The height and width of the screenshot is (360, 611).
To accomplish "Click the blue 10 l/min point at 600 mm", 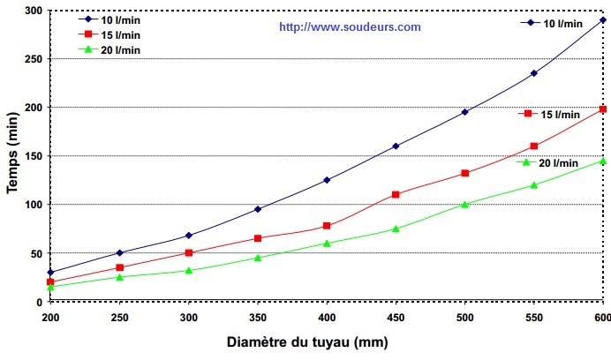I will click(x=603, y=19).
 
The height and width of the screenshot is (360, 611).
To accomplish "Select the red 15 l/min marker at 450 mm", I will click(x=396, y=194).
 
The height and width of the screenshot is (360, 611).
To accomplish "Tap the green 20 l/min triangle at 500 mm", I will click(x=464, y=204).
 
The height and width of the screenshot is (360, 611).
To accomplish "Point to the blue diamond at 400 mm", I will click(x=327, y=180).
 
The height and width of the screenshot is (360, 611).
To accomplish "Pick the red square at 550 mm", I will click(x=534, y=146).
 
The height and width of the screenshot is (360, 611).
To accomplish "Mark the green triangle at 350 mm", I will click(x=258, y=258).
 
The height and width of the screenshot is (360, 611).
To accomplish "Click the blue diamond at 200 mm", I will click(x=50, y=272).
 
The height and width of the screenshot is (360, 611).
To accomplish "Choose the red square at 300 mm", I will click(x=189, y=252).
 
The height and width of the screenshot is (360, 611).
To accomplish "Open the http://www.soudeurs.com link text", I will click(x=350, y=26).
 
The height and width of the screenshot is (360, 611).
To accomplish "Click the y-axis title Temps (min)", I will click(x=13, y=155).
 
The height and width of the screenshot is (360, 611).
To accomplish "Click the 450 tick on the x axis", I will click(x=396, y=317).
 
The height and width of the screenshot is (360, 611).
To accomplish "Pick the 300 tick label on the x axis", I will click(x=189, y=317).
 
